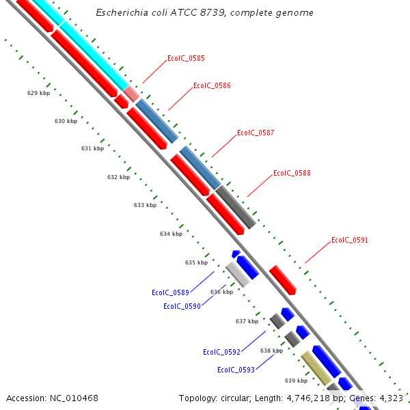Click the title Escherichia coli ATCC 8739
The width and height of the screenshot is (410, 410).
(204, 13)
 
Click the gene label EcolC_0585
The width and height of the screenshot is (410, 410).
(186, 59)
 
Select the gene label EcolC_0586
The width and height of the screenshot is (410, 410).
(212, 86)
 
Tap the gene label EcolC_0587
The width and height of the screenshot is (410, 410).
(256, 133)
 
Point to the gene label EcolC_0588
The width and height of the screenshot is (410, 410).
(292, 174)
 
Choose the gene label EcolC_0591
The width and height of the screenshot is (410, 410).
(350, 241)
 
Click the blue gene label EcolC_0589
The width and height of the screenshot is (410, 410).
(170, 293)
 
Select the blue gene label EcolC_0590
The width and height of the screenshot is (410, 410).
(182, 307)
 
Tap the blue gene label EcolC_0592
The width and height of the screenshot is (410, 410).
(221, 353)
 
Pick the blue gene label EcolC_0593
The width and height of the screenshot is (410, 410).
(236, 370)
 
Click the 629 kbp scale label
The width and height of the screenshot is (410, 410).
(38, 93)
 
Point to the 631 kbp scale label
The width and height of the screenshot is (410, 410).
(92, 148)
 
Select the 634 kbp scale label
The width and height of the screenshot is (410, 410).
(171, 234)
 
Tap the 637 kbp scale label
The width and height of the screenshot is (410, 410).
(247, 321)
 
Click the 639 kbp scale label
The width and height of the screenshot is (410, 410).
(296, 381)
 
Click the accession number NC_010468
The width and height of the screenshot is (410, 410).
(52, 398)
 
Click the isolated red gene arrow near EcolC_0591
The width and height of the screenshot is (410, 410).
(282, 280)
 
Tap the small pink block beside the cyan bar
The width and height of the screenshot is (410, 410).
(131, 94)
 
